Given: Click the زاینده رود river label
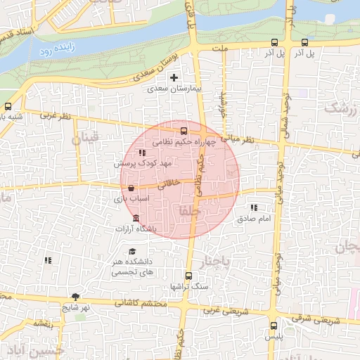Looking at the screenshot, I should tap(56, 49).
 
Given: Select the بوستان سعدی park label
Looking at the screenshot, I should tap(151, 68).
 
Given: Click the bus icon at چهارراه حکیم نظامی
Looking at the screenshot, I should tap(184, 130).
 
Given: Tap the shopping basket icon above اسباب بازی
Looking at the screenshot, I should tap(131, 188).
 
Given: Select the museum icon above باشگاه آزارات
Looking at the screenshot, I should tap(136, 219).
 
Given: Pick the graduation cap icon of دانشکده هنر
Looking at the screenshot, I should tap(131, 252).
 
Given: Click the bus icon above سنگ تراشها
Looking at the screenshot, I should tap(188, 276).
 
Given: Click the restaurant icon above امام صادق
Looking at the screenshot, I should tap(254, 207).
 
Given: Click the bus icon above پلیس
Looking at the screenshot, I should tap(274, 326).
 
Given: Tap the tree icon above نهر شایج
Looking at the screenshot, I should tap(75, 296).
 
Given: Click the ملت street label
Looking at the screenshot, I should tap(223, 49).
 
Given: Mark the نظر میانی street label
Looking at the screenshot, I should tap(238, 139).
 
